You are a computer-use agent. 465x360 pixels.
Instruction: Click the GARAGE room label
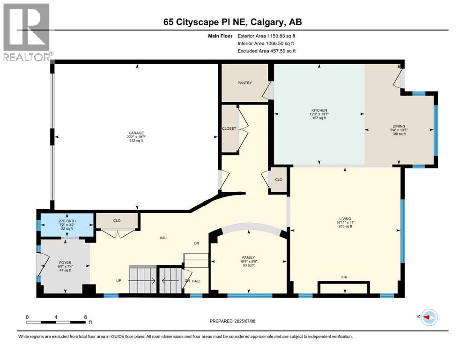click(x=136, y=133)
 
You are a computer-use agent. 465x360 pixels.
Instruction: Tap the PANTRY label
click(x=244, y=83)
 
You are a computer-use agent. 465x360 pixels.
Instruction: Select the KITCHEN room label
click(x=319, y=110)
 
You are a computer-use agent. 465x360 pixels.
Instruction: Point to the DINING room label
click(x=399, y=126)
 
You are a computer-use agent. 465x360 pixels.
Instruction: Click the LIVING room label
click(x=345, y=219)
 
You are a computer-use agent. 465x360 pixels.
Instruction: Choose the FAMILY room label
click(x=249, y=258)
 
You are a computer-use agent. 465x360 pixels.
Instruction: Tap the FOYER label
click(x=65, y=262)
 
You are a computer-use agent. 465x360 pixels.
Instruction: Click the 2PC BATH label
click(x=67, y=221)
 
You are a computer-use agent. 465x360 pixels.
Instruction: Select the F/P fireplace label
click(x=344, y=277)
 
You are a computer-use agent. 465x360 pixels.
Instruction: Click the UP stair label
click(x=118, y=280)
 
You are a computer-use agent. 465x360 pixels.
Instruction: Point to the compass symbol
click(x=429, y=317)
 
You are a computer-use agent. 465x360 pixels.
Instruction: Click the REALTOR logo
click(x=27, y=32)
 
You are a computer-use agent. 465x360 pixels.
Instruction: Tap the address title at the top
click(x=232, y=22)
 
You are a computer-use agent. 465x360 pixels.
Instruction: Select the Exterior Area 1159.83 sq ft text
click(x=266, y=36)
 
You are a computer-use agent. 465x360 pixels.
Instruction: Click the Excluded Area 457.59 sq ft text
click(x=266, y=51)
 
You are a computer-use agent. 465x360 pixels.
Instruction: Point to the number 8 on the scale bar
click(x=85, y=317)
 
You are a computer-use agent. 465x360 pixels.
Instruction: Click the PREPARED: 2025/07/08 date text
click(x=232, y=321)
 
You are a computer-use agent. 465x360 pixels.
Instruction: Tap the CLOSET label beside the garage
click(x=229, y=128)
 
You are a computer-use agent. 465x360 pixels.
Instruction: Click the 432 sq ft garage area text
click(x=136, y=141)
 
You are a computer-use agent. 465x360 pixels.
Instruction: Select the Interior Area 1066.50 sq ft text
click(x=266, y=43)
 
